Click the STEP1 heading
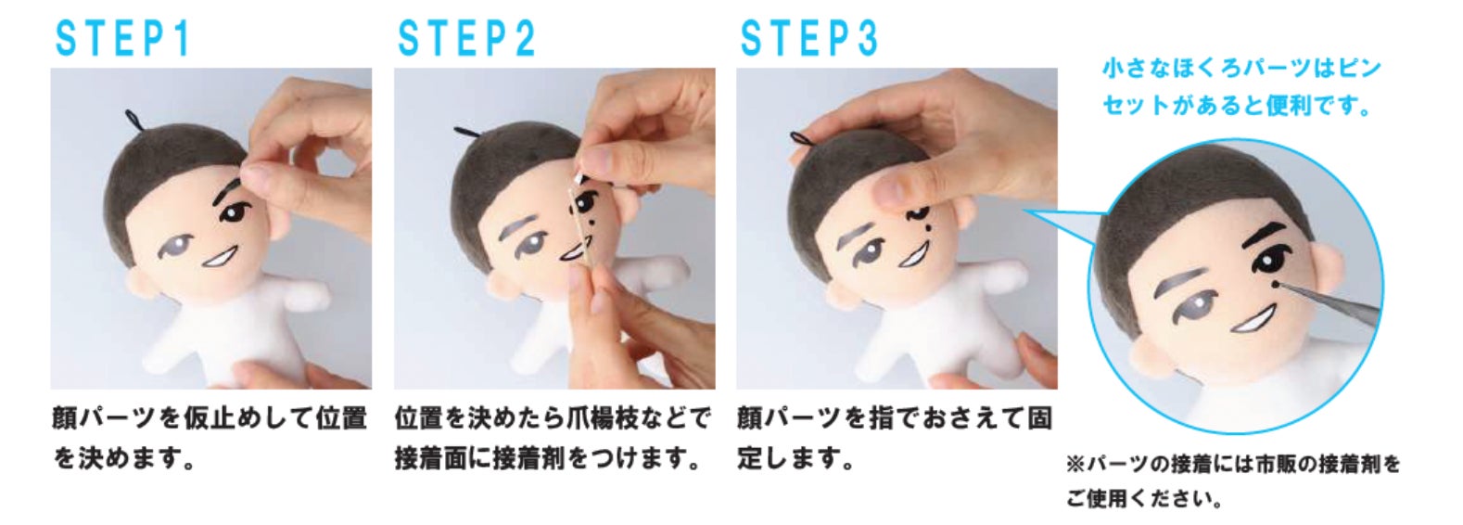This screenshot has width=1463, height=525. pos(122,39)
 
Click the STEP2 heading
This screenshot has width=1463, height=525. pos(466,39)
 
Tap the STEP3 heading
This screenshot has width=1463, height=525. pos(809,39)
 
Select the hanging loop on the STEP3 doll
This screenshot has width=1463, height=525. pos(803,138)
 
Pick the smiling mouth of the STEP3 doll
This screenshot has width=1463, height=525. pos(914,255)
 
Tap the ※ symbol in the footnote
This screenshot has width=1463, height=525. pos(1075,466)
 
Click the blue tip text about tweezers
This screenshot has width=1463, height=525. pos(1240,87)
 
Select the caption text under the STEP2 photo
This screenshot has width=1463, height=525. pos(553,438)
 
